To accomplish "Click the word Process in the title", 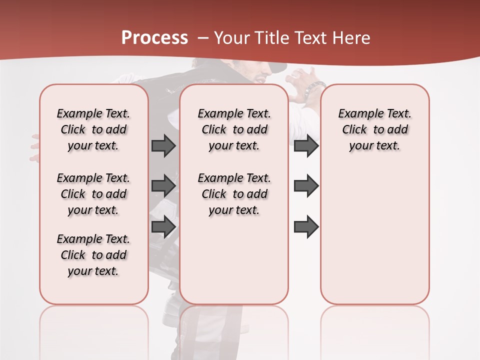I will [x=154, y=38].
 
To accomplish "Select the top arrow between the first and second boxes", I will [x=163, y=145].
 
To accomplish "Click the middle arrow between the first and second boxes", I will [x=163, y=186].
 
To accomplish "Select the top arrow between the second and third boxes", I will [x=306, y=145].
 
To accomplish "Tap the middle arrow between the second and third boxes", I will [x=306, y=186].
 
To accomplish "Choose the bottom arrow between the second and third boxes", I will [x=306, y=226].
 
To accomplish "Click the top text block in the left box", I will [x=93, y=129].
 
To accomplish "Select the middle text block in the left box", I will [x=93, y=194].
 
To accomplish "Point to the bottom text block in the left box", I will [x=93, y=255].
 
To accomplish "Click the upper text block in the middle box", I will [x=234, y=129].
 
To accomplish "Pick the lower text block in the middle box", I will [x=234, y=194].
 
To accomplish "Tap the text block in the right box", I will [x=374, y=129].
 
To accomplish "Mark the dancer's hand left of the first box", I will [x=34, y=148].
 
